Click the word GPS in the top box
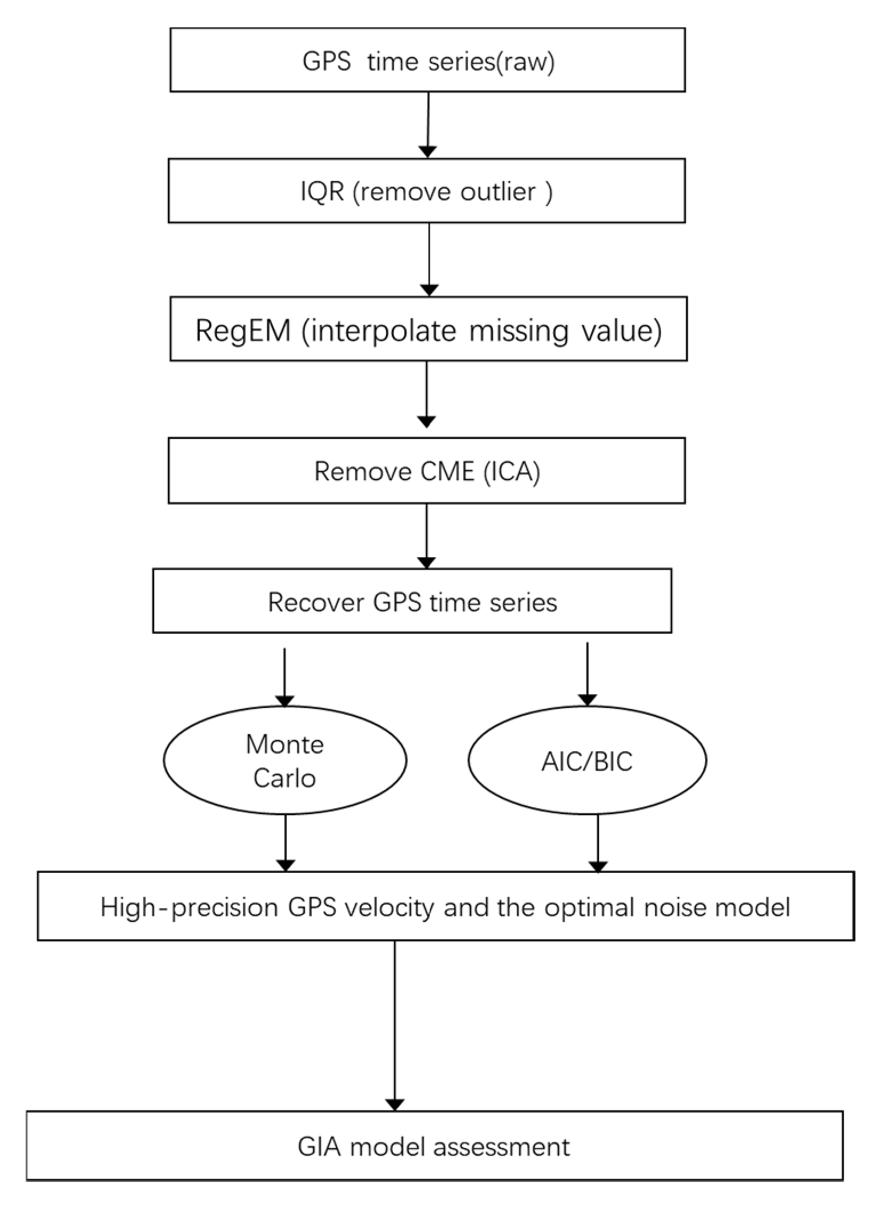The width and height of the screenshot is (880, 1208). [x=326, y=61]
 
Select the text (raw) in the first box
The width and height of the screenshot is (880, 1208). [x=525, y=61]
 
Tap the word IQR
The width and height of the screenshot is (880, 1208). [x=322, y=191]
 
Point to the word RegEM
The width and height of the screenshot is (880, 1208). [x=243, y=330]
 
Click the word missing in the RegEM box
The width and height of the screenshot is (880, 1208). [x=519, y=331]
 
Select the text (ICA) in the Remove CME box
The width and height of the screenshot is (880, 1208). [x=512, y=472]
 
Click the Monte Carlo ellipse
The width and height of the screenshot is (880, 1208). [x=285, y=760]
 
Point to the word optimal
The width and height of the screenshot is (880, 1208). [x=589, y=907]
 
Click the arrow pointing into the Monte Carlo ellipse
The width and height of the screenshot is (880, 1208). [x=284, y=677]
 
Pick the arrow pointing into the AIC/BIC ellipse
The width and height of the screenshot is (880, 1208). [x=587, y=674]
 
